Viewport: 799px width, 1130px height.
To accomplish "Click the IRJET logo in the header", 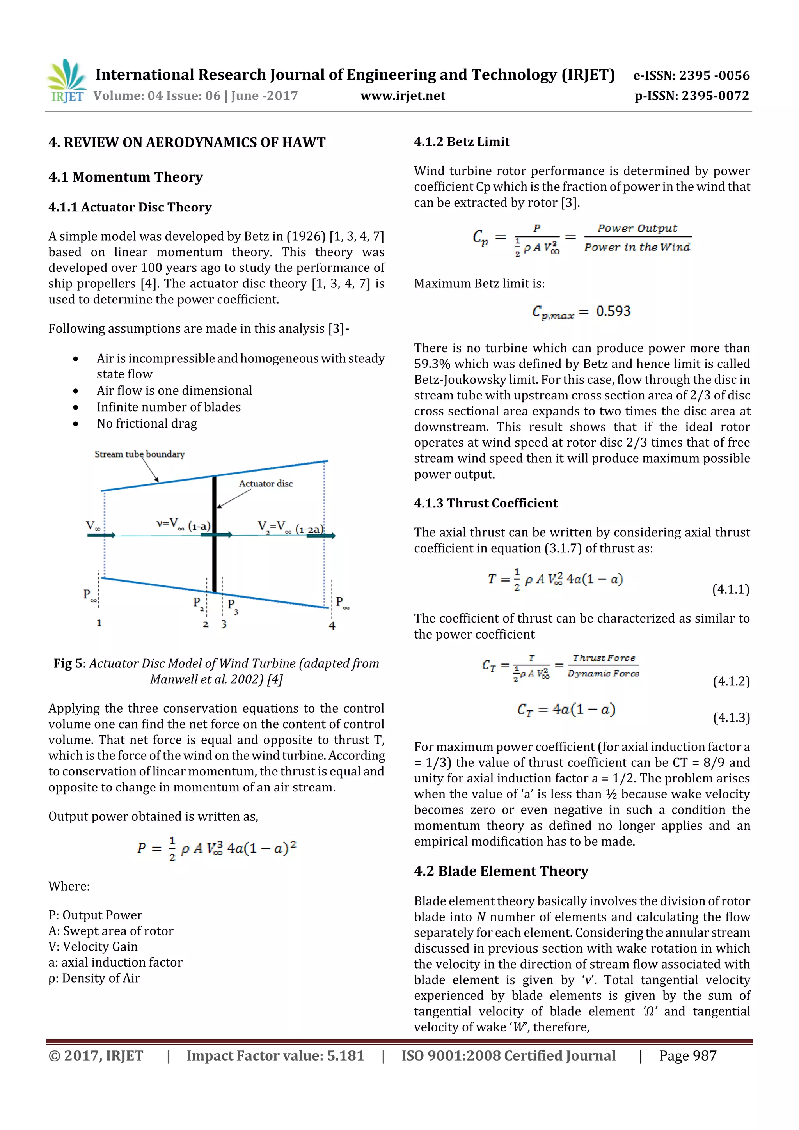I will (x=66, y=81).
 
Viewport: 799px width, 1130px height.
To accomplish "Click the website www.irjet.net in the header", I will (x=403, y=96).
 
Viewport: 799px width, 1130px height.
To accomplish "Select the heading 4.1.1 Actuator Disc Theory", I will (x=130, y=207).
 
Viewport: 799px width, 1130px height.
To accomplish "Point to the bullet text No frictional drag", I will (x=147, y=424).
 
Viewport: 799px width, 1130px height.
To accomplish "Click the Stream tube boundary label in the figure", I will (x=139, y=454).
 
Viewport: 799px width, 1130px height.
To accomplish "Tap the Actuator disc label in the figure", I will (x=266, y=484).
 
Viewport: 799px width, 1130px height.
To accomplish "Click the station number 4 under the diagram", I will (x=332, y=626).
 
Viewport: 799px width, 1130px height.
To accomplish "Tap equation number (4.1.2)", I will (x=731, y=682).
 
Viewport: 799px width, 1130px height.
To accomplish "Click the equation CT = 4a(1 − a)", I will (x=566, y=710).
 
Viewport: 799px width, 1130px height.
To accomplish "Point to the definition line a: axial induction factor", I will (x=115, y=962).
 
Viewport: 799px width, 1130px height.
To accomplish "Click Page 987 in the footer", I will (x=687, y=1055).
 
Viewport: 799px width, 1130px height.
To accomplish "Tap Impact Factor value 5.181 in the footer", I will (x=275, y=1055).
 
